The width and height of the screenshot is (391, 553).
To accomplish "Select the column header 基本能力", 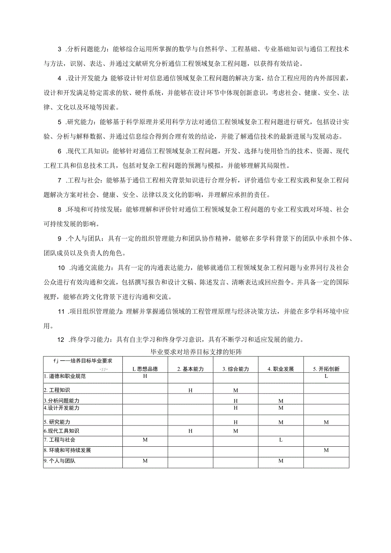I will [x=190, y=369].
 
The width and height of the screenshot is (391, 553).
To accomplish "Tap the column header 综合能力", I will [x=235, y=369].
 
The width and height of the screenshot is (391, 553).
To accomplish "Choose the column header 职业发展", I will [x=280, y=369].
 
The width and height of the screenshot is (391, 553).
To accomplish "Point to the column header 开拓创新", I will [x=326, y=369].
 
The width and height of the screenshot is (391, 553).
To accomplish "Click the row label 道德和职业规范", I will [x=65, y=376].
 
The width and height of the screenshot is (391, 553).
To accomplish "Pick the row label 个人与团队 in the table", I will [x=59, y=461].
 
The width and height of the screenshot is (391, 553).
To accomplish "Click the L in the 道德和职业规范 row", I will [x=326, y=376].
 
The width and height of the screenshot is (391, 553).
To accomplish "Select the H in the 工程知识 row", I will [x=190, y=390].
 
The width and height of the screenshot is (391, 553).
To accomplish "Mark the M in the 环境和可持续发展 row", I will [x=326, y=450].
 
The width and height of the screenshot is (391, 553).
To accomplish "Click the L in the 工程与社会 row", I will [x=280, y=440].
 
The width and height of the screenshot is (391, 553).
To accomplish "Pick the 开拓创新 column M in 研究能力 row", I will [x=326, y=422].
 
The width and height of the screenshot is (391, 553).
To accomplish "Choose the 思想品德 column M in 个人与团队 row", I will [x=145, y=461].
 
